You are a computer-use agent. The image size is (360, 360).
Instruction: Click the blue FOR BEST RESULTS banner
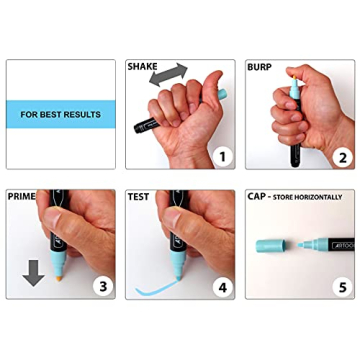59,114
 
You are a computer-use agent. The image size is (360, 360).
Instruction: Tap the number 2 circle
339,156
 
